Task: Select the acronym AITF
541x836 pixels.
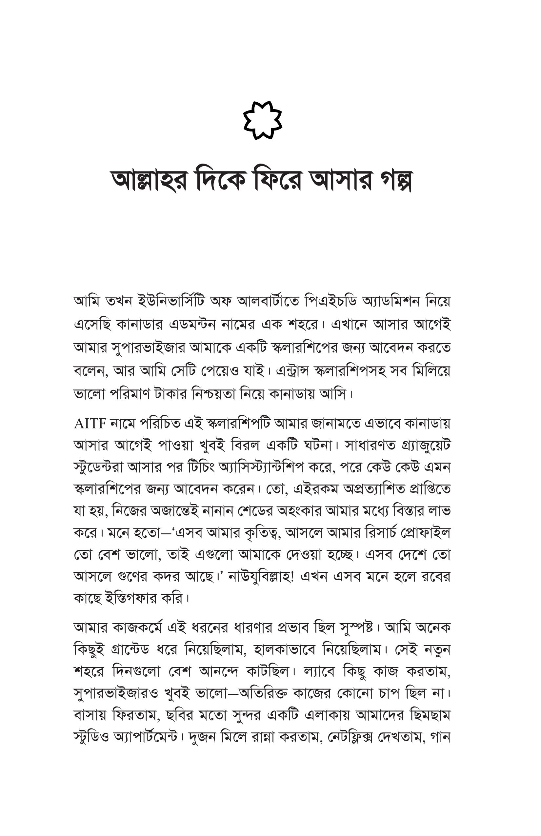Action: (x=90, y=424)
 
